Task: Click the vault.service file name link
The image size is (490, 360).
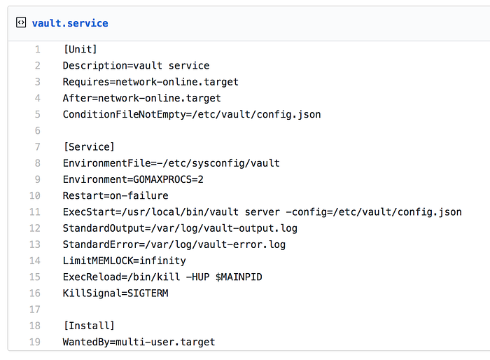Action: [70, 23]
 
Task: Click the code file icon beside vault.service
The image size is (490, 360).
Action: [21, 22]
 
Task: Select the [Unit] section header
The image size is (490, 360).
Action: [80, 50]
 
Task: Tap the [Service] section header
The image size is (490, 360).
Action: [89, 147]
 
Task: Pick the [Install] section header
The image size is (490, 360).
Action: [89, 326]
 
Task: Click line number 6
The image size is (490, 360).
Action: [38, 130]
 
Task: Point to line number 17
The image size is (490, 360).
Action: [35, 310]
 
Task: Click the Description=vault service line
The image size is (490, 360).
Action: [136, 66]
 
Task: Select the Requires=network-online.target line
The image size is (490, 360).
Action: [150, 82]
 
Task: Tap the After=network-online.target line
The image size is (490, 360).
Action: [142, 98]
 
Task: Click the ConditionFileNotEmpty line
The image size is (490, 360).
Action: [192, 114]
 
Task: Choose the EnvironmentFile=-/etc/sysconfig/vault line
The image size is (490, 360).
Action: [171, 163]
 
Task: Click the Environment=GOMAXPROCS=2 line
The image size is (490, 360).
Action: [133, 179]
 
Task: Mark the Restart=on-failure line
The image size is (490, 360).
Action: [115, 196]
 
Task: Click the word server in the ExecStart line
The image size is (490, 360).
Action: [262, 212]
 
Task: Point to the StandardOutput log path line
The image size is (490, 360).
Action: [180, 228]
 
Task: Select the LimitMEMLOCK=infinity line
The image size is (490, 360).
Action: [125, 261]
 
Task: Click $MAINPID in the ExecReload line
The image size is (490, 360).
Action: [239, 277]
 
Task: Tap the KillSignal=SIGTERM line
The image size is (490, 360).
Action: [115, 293]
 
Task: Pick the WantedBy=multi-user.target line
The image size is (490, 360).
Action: [139, 342]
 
